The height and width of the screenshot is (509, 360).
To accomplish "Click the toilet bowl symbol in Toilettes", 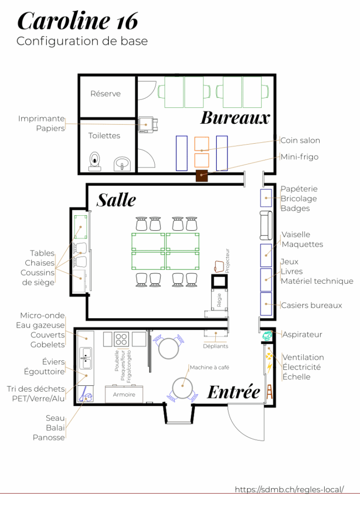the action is tap(95, 161).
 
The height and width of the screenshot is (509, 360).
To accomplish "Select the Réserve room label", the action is tap(105, 94).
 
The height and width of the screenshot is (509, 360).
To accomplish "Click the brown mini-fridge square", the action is tap(201, 175).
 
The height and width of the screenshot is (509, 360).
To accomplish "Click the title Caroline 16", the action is tap(78, 21).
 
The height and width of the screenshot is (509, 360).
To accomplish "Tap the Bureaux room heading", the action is tap(235, 118).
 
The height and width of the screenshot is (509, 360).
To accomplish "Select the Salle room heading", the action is tap(116, 200).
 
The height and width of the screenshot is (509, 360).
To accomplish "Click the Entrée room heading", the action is tap(234, 392).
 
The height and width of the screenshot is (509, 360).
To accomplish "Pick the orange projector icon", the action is tap(219, 266).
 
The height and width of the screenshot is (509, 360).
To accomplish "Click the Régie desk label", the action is tap(219, 300).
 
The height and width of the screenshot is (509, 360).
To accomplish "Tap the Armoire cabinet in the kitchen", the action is tap(124, 394).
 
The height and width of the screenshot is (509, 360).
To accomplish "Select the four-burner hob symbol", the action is tap(121, 339).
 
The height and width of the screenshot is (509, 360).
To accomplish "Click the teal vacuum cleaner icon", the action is tap(267, 336).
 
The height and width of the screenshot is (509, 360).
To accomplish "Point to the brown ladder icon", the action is tap(270, 392).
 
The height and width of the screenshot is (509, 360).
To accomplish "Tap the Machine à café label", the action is tap(209, 367).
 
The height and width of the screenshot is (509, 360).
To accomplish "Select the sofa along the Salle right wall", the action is tap(266, 225).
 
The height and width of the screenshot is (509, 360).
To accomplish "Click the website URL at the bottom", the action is tap(289, 489).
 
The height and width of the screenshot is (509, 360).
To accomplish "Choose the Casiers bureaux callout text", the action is tap(311, 305).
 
